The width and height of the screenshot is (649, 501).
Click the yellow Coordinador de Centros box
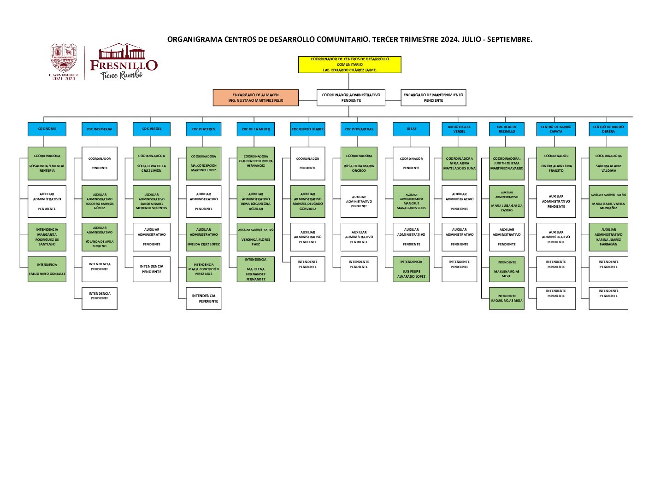[349, 64]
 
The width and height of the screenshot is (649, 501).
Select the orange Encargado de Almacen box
[255, 98]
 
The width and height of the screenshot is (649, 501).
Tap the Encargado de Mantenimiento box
[433, 98]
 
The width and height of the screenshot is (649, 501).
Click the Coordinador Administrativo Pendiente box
[351, 98]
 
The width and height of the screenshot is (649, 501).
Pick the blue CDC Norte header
[47, 129]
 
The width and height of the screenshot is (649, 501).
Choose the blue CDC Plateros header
[203, 129]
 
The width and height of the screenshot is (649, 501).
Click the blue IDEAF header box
[411, 129]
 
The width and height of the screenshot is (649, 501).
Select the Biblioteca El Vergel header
[459, 129]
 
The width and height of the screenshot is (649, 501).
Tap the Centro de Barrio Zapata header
[556, 129]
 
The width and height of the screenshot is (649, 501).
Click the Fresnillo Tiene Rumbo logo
[124, 63]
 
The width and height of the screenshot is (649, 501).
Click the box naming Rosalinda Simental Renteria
[47, 163]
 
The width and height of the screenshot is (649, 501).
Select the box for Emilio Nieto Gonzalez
[47, 269]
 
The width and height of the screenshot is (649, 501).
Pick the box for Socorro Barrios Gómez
[100, 201]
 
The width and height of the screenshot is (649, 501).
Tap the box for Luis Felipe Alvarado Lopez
[411, 269]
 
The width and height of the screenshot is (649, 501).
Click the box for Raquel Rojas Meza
[507, 298]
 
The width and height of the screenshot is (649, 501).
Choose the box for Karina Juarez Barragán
[608, 237]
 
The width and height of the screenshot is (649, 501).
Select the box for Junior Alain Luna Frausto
[556, 163]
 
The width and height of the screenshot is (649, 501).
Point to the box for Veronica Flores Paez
[256, 237]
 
